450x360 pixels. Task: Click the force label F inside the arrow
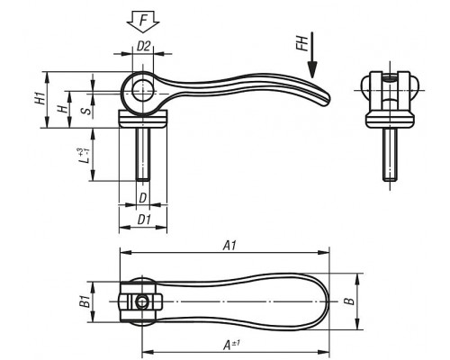(143, 21)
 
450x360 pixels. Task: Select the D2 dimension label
(143, 46)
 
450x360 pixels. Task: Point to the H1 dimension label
(40, 98)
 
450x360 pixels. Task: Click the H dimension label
(62, 109)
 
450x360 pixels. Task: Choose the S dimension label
(85, 111)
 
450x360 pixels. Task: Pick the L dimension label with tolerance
(84, 156)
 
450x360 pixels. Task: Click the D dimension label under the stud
(143, 198)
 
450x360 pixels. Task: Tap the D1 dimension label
(144, 220)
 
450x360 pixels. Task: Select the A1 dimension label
(229, 246)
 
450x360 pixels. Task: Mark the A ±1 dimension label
(231, 345)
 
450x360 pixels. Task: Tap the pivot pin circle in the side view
(143, 90)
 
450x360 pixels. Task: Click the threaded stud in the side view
(143, 154)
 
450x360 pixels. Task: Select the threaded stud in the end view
(390, 155)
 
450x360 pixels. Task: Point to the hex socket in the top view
(141, 302)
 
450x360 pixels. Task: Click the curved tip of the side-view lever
(326, 101)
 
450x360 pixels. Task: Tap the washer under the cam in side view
(143, 119)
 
